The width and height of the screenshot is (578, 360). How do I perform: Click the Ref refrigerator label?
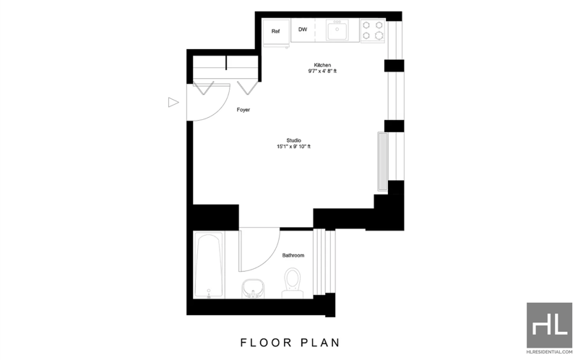pos(275,31)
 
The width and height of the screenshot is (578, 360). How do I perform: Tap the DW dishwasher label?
pos(303,30)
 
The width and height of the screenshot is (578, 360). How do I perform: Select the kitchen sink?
pos(337,30)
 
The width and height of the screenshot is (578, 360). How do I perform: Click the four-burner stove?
pos(373,30)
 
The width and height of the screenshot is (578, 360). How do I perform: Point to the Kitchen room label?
pos(322,65)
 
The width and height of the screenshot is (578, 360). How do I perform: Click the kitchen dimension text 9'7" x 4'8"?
pos(322,71)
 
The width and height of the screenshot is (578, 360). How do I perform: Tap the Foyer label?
pos(243,110)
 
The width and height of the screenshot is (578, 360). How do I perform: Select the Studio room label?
pos(294,140)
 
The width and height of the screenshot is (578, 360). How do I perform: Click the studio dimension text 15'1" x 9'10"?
pos(294,147)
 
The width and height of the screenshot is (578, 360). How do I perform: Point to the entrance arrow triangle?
pos(173,102)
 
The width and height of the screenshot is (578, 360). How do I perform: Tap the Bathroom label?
pos(293,255)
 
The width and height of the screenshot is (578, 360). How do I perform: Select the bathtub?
pos(209,265)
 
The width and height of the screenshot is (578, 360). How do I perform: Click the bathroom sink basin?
pos(253,288)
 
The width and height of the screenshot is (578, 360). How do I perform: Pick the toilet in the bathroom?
pos(293,283)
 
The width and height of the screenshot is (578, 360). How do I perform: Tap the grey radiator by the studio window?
pos(383,161)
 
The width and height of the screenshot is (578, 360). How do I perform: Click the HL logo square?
pos(549,325)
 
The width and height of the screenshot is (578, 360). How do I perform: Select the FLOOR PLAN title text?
pos(290,343)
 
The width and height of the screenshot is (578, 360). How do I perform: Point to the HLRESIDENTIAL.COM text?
pos(549,352)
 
